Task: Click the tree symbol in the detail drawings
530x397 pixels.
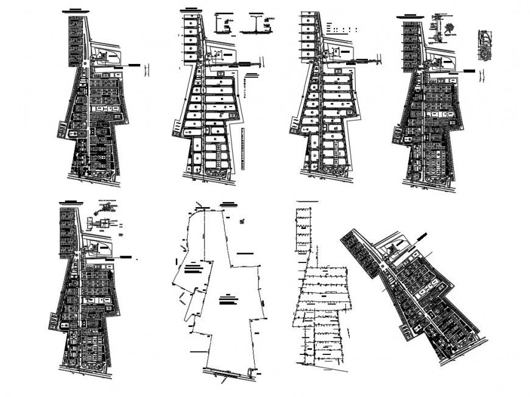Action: click(450, 28)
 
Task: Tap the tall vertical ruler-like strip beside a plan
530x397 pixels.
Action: click(244, 150)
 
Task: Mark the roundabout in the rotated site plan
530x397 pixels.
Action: click(383, 267)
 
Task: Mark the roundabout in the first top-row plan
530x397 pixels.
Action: click(85, 63)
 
